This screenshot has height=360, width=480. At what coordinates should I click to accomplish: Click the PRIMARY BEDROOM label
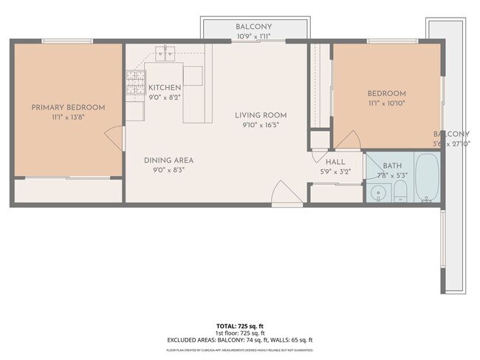[68, 107]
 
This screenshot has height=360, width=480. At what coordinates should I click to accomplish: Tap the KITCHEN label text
[165, 87]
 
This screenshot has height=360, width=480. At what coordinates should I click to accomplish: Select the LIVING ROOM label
[261, 115]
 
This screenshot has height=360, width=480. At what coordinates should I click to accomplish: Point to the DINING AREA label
[168, 160]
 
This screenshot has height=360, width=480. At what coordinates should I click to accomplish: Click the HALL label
[335, 163]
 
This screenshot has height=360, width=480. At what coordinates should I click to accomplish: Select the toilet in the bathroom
[400, 194]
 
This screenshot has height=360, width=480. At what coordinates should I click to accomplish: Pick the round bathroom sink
[378, 194]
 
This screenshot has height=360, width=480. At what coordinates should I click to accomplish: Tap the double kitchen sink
[165, 52]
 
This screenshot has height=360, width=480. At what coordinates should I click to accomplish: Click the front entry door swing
[281, 194]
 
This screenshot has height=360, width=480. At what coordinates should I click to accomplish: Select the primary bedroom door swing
[113, 138]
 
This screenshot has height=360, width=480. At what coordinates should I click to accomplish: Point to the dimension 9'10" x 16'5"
[261, 126]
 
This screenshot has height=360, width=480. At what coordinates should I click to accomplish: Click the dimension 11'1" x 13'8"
[68, 117]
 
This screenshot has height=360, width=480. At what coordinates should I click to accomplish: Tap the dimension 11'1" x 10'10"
[387, 103]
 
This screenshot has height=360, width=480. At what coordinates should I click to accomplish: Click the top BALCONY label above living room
[253, 27]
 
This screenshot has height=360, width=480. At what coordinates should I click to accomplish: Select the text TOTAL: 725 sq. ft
[239, 325]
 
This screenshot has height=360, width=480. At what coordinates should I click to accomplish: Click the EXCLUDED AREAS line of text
[239, 339]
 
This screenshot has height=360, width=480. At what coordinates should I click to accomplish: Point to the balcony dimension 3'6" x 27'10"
[450, 143]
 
